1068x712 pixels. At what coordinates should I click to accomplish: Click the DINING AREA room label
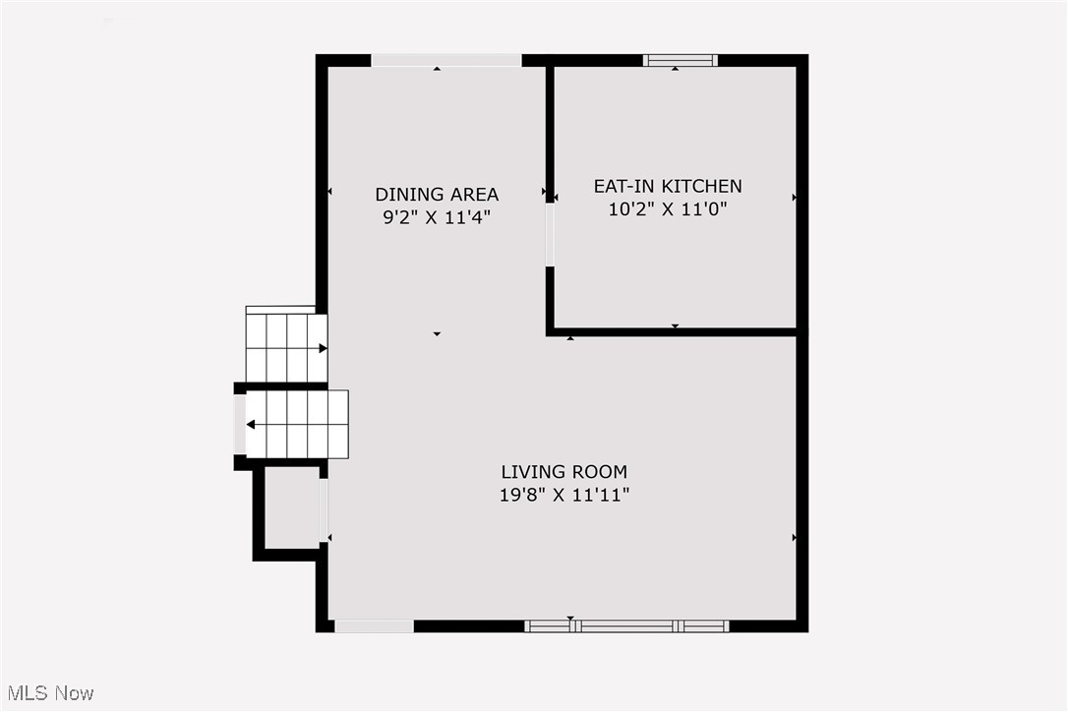437,195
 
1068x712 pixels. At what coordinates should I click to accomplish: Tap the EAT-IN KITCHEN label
668,186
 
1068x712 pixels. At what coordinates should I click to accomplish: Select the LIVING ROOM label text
564,471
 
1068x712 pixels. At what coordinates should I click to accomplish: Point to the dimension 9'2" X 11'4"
437,218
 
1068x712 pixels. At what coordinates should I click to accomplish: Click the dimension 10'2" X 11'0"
668,209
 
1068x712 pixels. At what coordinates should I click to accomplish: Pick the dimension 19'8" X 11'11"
564,495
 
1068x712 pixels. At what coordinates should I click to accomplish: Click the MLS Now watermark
50,693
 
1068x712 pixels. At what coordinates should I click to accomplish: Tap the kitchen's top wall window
681,61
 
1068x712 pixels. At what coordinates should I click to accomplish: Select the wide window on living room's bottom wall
626,626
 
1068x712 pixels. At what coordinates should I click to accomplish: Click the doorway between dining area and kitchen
550,234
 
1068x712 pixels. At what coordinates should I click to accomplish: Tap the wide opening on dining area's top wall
446,61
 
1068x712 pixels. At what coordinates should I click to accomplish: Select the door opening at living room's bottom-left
374,626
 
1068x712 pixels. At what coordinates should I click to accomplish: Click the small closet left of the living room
291,507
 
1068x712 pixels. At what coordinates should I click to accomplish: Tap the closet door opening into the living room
324,510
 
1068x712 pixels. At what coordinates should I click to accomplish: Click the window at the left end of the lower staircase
240,425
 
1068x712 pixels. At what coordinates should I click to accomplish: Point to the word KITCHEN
702,186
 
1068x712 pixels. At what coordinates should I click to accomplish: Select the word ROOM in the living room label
599,471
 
